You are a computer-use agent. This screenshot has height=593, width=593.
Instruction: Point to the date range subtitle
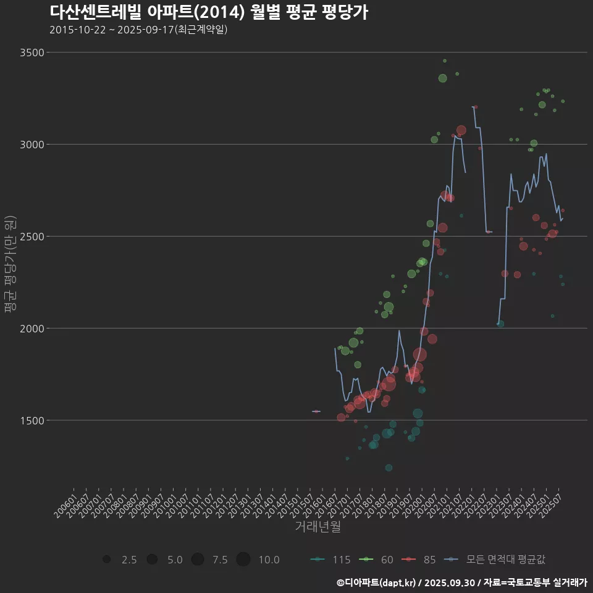[x=138, y=30]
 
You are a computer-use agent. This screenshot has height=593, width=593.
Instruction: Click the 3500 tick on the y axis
[x=32, y=53]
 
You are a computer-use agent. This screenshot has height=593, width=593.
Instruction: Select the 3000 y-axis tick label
[x=32, y=145]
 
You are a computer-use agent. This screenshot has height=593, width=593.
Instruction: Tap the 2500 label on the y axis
[x=32, y=237]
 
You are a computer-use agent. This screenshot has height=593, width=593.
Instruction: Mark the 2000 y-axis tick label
[x=32, y=329]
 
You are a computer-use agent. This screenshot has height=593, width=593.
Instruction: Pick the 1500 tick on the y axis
[x=32, y=421]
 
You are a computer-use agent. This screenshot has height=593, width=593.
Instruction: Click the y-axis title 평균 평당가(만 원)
[x=9, y=265]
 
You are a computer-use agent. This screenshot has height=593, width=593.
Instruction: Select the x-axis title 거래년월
[x=318, y=527]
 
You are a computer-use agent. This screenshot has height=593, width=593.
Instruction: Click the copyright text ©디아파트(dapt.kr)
[x=376, y=582]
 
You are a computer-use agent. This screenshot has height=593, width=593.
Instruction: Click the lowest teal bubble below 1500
[x=347, y=458]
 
